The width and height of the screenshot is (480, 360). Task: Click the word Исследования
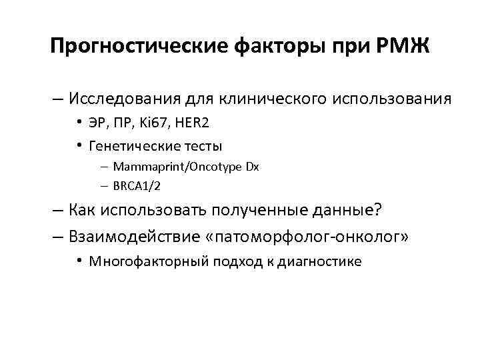pyautogui.click(x=120, y=99)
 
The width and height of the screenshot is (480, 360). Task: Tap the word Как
pyautogui.click(x=81, y=211)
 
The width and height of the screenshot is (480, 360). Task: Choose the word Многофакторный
pyautogui.click(x=142, y=261)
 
